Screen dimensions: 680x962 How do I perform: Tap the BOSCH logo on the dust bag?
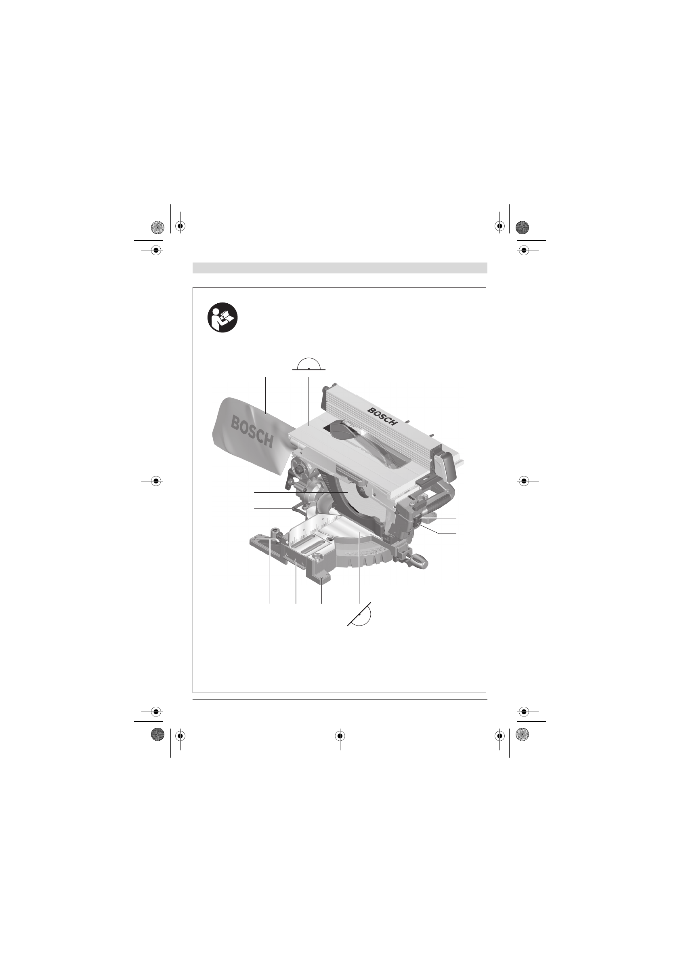point(253,433)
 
